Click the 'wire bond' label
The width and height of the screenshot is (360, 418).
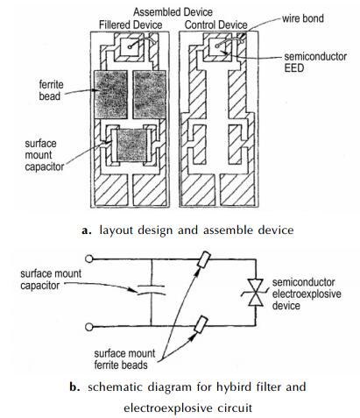click(x=302, y=18)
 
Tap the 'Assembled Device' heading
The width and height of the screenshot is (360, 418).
click(x=173, y=12)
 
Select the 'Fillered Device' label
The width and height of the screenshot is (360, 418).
click(x=131, y=25)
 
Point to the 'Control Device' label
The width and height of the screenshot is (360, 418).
click(x=216, y=25)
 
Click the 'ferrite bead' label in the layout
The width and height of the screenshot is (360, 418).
click(x=51, y=90)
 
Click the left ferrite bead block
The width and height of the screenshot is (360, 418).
click(x=110, y=95)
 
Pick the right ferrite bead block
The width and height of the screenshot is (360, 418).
click(x=150, y=95)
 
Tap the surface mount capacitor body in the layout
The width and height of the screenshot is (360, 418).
click(x=131, y=145)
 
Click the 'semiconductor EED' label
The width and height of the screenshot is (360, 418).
click(x=315, y=62)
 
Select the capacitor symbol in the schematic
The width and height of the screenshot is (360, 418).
click(x=152, y=289)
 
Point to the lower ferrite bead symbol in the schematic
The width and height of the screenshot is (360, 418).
click(x=201, y=324)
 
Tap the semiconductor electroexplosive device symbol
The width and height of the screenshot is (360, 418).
click(x=256, y=293)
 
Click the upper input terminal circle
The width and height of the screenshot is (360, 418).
click(x=88, y=259)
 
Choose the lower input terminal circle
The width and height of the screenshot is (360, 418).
click(x=88, y=327)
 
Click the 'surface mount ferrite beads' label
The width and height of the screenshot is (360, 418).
click(x=124, y=359)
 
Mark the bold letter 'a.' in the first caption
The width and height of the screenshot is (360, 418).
click(x=87, y=230)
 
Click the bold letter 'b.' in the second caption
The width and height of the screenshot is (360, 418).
click(x=74, y=387)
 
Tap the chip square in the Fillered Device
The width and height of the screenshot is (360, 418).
click(x=131, y=46)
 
